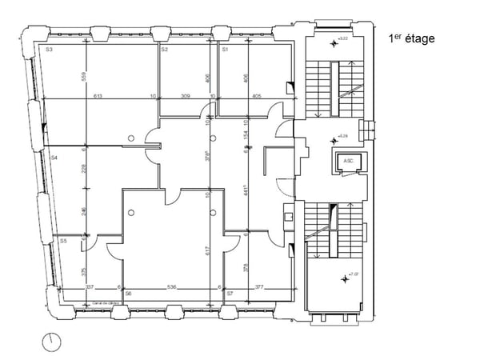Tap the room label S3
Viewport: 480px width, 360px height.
click(49, 50)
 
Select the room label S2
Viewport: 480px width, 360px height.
click(164, 50)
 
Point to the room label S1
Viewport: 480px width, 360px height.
click(225, 50)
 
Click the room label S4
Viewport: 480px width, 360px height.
click(54, 158)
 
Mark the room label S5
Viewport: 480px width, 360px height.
click(63, 240)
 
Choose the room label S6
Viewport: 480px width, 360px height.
click(128, 294)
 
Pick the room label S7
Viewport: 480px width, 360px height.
click(230, 294)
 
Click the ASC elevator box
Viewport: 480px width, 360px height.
click(348, 162)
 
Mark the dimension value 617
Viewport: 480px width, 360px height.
click(208, 254)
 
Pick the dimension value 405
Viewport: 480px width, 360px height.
click(256, 96)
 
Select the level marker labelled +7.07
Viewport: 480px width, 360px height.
click(346, 278)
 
